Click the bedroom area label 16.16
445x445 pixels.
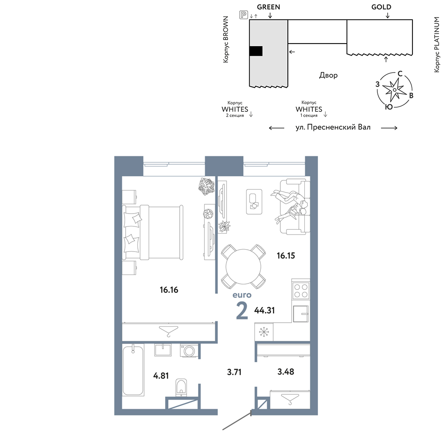[x=169, y=290]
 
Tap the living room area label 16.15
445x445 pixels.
[x=286, y=256]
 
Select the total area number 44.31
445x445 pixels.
[x=264, y=310]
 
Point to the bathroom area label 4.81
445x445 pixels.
[x=161, y=376]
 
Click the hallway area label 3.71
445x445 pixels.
[x=234, y=372]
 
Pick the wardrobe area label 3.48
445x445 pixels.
[x=286, y=372]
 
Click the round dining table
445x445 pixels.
[x=243, y=267]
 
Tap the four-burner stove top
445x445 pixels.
[x=301, y=291]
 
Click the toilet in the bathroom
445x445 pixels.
[x=181, y=387]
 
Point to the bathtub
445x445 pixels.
[x=133, y=370]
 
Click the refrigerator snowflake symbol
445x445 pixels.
[x=263, y=332]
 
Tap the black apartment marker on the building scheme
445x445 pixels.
[x=256, y=51]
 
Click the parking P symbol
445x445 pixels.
[x=243, y=15]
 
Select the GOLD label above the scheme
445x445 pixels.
[x=381, y=7]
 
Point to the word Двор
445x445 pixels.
[x=328, y=75]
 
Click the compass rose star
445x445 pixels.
[x=394, y=90]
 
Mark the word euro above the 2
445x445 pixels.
[x=242, y=295]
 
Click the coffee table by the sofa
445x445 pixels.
[x=254, y=202]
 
